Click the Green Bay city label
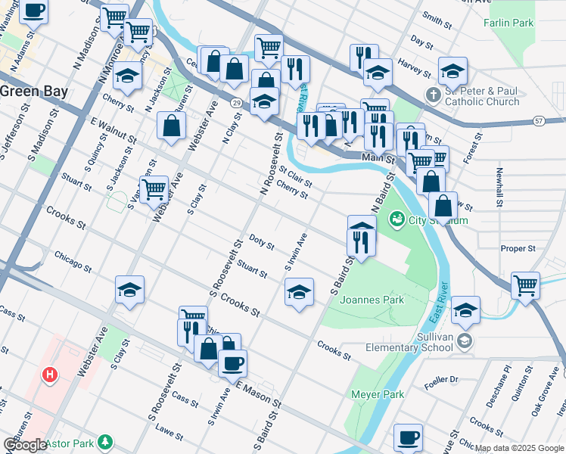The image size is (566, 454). tap(33, 91)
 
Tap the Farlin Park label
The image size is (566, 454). tap(508, 23)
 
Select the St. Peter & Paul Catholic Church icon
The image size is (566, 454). tap(433, 95)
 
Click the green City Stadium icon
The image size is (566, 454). tap(396, 220)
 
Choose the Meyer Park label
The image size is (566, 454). tap(378, 394)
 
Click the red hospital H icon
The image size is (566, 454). tap(50, 374)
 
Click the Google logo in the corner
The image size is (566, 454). tap(25, 444)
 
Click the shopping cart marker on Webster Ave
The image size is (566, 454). tap(154, 188)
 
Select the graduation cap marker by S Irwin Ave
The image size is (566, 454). tap(299, 291)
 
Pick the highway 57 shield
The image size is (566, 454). tap(539, 120)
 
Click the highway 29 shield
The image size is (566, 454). tap(237, 102)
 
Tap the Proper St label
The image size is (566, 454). tap(518, 248)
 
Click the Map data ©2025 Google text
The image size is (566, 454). tap(519, 448)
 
